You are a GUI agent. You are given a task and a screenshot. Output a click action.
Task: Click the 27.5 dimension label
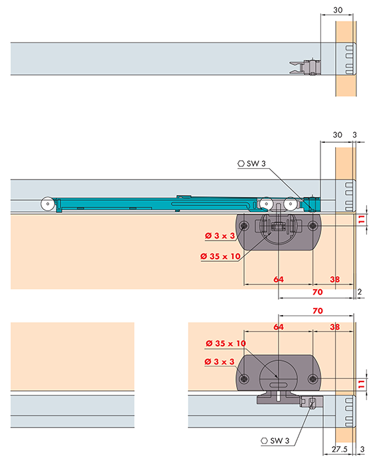tap(339, 449)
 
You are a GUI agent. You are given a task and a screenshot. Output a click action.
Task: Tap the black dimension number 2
tap(360, 292)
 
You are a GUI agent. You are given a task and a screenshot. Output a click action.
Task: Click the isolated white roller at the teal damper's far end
tap(48, 204)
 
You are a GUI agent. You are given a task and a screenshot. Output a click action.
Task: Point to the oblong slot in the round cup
tap(278, 384)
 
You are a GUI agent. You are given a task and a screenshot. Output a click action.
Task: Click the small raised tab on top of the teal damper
tap(184, 197)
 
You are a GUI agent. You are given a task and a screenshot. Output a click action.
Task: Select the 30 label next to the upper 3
tap(337, 135)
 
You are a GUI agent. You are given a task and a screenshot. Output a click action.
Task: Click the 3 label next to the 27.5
tap(362, 449)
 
